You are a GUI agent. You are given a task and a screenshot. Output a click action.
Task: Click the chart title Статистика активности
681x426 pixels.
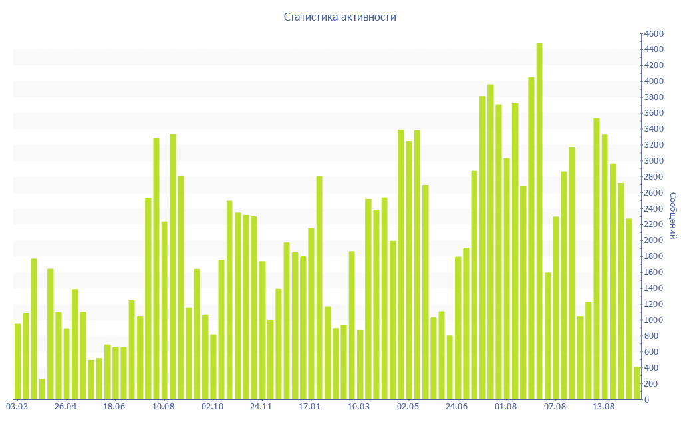[x=340, y=17]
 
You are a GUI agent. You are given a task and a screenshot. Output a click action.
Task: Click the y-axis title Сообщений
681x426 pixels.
[x=673, y=216]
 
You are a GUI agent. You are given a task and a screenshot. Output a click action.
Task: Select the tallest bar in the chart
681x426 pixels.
[x=539, y=221]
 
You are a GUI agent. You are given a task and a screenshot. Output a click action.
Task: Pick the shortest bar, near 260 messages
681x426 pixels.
[x=42, y=389]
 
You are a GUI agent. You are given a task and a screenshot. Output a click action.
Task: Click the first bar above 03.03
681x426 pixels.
[x=18, y=361]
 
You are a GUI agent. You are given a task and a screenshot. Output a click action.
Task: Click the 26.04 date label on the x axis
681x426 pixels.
[x=66, y=407]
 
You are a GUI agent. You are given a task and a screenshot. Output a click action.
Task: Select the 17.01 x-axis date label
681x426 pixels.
[x=310, y=407]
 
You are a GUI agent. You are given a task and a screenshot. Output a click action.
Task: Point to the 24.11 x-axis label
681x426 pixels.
[x=261, y=407]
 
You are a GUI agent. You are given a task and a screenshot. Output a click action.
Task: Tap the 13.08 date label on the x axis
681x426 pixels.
[x=603, y=407]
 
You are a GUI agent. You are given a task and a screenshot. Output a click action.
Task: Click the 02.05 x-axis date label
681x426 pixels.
[x=408, y=407]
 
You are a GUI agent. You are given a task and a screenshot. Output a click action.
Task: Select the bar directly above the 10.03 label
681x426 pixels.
[x=360, y=365]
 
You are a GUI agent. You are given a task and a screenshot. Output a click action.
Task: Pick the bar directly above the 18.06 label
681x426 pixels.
[x=116, y=373]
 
